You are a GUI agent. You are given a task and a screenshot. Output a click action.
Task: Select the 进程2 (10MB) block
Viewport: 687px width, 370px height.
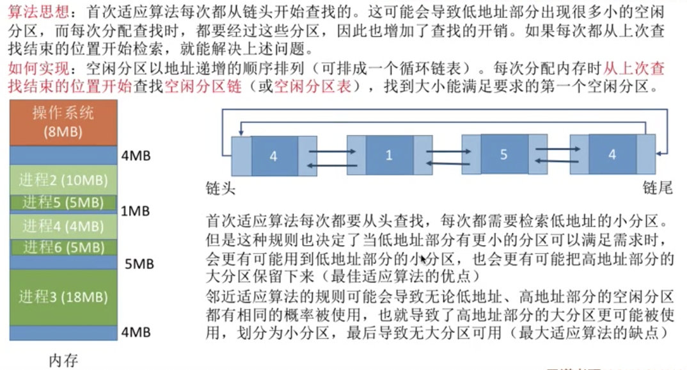point(63,179)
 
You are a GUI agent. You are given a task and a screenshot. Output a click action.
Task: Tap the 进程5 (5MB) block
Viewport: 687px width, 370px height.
point(63,203)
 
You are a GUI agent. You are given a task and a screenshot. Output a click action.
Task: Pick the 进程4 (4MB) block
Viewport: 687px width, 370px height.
point(63,225)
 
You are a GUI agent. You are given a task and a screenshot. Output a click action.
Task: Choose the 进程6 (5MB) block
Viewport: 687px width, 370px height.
point(63,247)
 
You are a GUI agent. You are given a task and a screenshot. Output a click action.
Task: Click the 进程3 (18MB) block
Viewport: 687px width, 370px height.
point(63,297)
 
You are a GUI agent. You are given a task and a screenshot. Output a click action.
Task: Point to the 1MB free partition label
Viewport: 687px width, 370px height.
point(136,210)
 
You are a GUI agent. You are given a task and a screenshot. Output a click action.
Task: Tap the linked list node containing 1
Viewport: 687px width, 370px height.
point(390,156)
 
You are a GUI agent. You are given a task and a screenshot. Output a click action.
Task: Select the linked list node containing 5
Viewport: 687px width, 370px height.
point(503,155)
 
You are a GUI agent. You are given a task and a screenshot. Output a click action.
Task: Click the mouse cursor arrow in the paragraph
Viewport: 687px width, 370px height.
point(424,259)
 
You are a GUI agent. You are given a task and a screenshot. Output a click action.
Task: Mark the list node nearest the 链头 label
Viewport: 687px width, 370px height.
point(274,156)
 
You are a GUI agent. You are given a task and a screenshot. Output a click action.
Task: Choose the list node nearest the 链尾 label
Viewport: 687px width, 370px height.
point(613,155)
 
